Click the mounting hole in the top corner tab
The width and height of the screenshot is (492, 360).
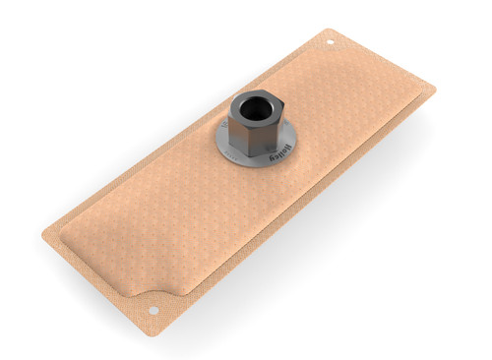pos(331,42)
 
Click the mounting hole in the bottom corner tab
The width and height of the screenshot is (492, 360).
pos(154,311)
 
